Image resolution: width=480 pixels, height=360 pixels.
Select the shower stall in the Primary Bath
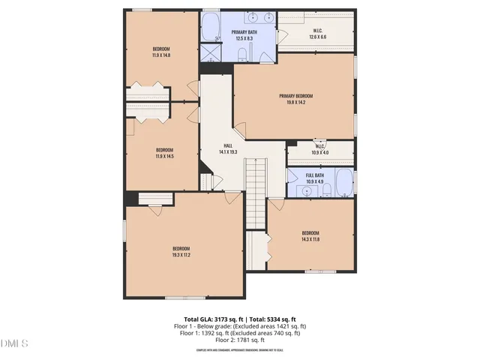click(x=211, y=52)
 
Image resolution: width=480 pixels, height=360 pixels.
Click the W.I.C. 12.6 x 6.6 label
click(x=317, y=34)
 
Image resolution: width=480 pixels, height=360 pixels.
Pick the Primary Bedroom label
click(x=295, y=99)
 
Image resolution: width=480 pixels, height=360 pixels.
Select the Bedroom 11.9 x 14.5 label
click(x=165, y=152)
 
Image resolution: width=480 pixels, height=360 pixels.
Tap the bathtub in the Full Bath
click(x=343, y=182)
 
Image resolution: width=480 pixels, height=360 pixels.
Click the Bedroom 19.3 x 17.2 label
click(x=181, y=251)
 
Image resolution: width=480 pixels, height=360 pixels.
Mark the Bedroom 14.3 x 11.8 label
click(x=310, y=235)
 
